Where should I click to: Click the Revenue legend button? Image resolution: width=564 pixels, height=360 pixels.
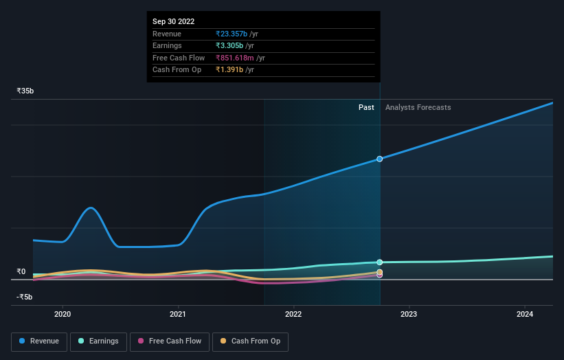pyautogui.click(x=39, y=341)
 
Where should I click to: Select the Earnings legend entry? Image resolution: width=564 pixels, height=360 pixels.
pyautogui.click(x=99, y=341)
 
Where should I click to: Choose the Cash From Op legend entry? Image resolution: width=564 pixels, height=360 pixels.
pyautogui.click(x=251, y=341)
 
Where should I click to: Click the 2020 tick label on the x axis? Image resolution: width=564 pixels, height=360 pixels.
pyautogui.click(x=63, y=315)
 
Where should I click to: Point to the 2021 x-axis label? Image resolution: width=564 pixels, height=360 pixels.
pyautogui.click(x=179, y=315)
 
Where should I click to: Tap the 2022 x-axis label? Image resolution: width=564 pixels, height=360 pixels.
pyautogui.click(x=293, y=315)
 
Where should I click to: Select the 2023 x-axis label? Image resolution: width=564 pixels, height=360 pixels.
pyautogui.click(x=409, y=315)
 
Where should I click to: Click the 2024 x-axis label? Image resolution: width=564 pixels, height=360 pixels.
pyautogui.click(x=525, y=315)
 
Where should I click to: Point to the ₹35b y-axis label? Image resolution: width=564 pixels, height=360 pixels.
pyautogui.click(x=25, y=91)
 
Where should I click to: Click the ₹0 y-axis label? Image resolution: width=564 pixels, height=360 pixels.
pyautogui.click(x=21, y=271)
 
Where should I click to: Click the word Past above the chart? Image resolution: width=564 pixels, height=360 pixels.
pyautogui.click(x=366, y=107)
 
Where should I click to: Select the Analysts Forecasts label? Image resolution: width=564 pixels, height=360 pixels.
pyautogui.click(x=418, y=107)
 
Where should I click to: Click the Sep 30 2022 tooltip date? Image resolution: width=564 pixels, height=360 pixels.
pyautogui.click(x=173, y=21)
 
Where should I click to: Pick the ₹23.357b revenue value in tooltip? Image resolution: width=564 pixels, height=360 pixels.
pyautogui.click(x=231, y=34)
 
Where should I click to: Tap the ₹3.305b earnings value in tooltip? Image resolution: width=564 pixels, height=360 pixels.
pyautogui.click(x=229, y=45)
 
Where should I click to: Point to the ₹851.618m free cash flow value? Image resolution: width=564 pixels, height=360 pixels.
pyautogui.click(x=235, y=58)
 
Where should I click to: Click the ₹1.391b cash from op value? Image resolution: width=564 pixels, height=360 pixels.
pyautogui.click(x=229, y=69)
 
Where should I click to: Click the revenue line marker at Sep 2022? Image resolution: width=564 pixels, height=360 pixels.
pyautogui.click(x=379, y=159)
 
